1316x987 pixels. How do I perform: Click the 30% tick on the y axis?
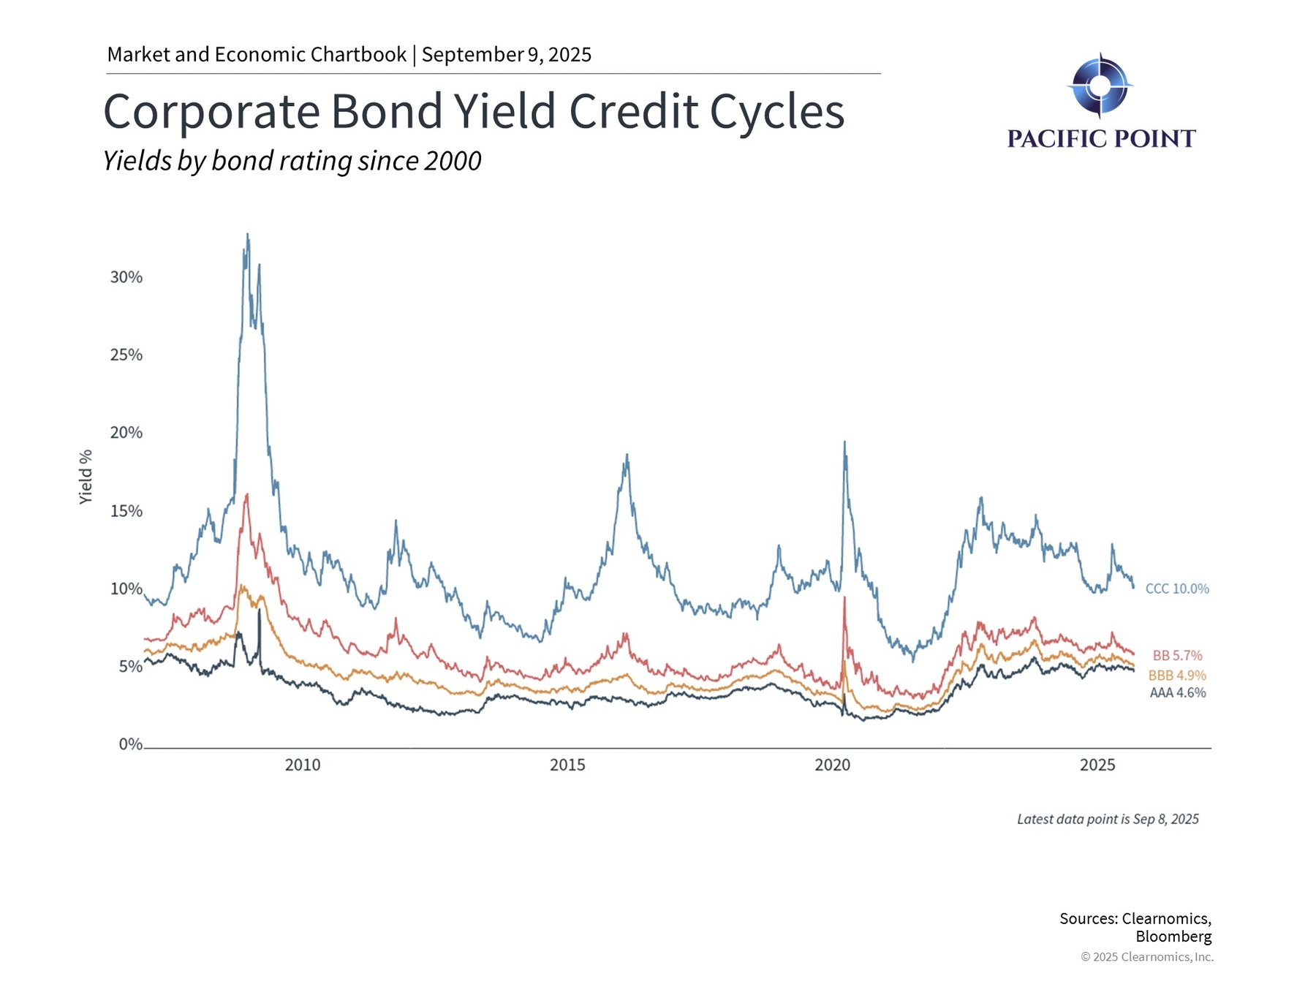126,277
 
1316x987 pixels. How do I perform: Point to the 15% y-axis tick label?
126,511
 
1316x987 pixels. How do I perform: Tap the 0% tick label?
131,744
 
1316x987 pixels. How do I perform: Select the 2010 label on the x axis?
303,765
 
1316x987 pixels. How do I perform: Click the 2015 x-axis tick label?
567,765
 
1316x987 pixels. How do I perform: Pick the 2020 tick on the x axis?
833,765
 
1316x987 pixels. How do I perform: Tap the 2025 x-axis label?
1097,765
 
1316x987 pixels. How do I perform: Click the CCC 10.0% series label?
1177,589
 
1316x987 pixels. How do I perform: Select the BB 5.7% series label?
1177,656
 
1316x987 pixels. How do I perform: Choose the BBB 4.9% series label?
1177,676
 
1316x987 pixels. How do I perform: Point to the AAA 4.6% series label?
1178,692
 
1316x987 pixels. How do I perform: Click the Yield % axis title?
86,477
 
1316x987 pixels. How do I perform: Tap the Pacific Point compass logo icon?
1100,86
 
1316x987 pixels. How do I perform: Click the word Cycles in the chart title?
777,112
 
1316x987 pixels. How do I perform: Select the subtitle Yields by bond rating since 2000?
292,161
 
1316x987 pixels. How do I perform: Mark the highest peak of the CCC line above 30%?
247,235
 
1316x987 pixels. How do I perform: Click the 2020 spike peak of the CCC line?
844,442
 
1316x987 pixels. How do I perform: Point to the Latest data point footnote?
1108,819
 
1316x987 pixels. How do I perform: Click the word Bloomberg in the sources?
1173,937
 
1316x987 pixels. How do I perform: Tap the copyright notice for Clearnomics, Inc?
1147,957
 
